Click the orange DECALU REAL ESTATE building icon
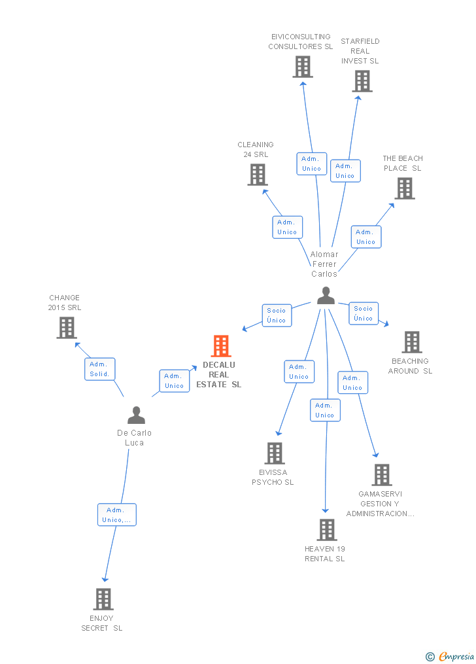pyautogui.click(x=221, y=346)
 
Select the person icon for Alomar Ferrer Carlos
pyautogui.click(x=326, y=296)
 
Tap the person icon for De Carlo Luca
pyautogui.click(x=136, y=415)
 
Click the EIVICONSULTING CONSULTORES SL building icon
pyautogui.click(x=303, y=67)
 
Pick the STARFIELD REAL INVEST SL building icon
pyautogui.click(x=362, y=81)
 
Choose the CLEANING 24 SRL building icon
pyautogui.click(x=258, y=175)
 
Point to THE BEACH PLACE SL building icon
pyautogui.click(x=405, y=188)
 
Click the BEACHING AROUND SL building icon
pyautogui.click(x=411, y=341)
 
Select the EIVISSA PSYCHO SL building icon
pyautogui.click(x=275, y=453)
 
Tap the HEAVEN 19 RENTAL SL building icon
pyautogui.click(x=326, y=529)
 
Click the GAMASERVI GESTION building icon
pyautogui.click(x=381, y=475)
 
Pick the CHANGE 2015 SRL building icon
pyautogui.click(x=67, y=328)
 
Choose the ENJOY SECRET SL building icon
pyautogui.click(x=103, y=599)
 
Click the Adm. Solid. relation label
pyautogui.click(x=100, y=370)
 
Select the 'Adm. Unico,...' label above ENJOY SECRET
pyautogui.click(x=117, y=515)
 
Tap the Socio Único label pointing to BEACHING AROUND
pyautogui.click(x=364, y=313)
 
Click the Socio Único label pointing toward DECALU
pyautogui.click(x=277, y=315)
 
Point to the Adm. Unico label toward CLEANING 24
pyautogui.click(x=287, y=227)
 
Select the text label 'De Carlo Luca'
pyautogui.click(x=134, y=438)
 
